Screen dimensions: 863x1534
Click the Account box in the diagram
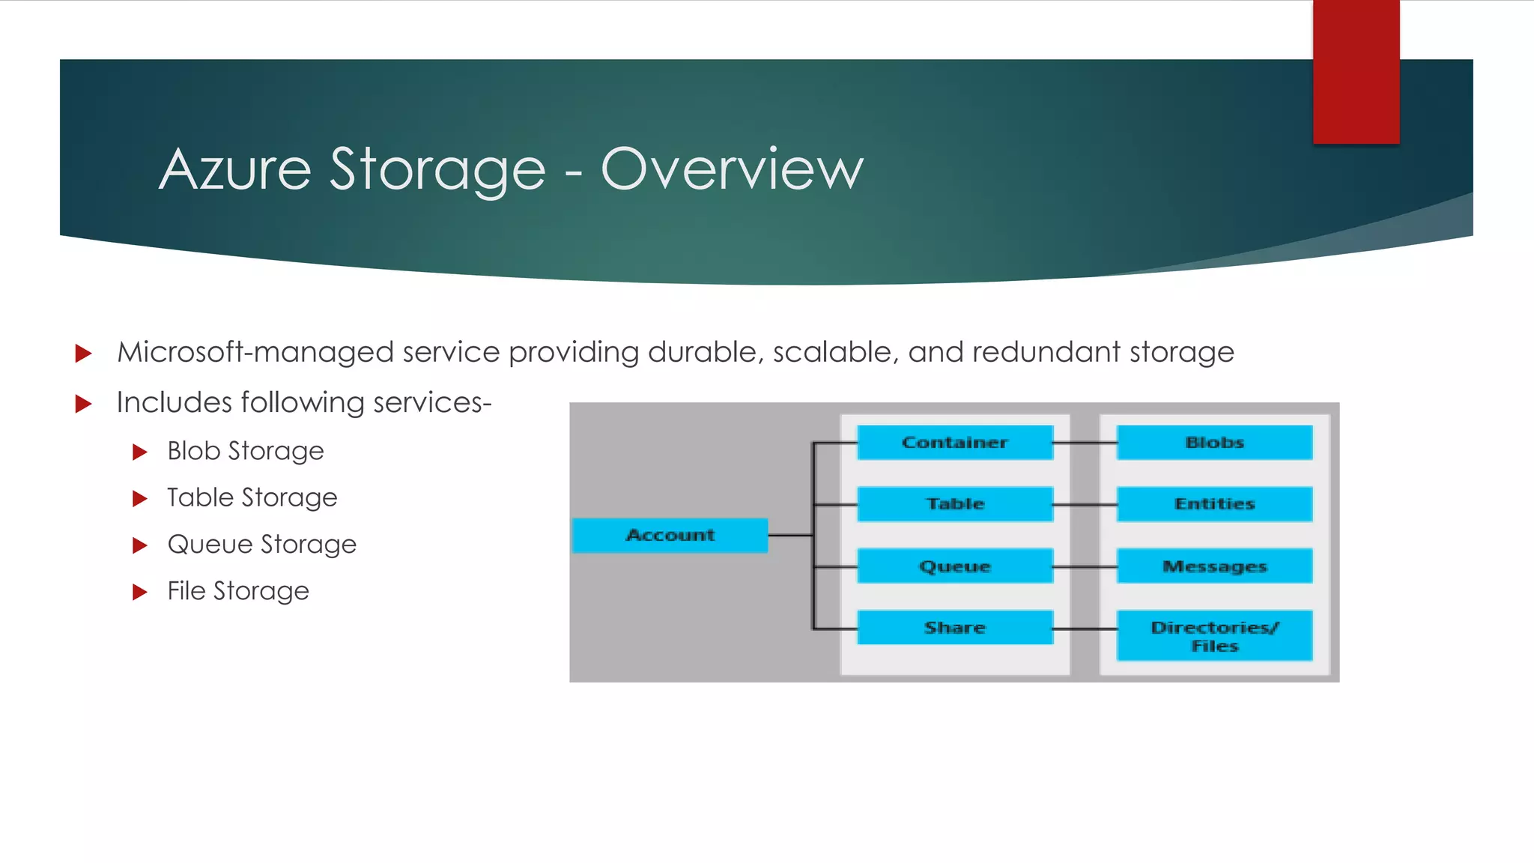pyautogui.click(x=670, y=535)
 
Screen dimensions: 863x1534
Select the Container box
pyautogui.click(x=955, y=442)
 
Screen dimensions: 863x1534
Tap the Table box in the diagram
pyautogui.click(x=955, y=503)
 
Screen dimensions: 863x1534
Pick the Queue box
pyautogui.click(x=955, y=566)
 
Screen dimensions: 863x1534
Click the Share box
pyautogui.click(x=955, y=628)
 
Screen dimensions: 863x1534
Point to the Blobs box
pyautogui.click(x=1214, y=442)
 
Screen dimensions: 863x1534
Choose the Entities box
pyautogui.click(x=1214, y=503)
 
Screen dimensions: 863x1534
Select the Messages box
pyautogui.click(x=1214, y=566)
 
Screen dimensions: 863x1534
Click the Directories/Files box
pyautogui.click(x=1214, y=636)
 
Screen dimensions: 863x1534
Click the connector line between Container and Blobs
pyautogui.click(x=1085, y=443)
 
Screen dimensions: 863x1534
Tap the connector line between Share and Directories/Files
pyautogui.click(x=1085, y=629)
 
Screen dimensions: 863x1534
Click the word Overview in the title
pyautogui.click(x=732, y=169)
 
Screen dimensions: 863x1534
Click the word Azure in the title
pyautogui.click(x=235, y=169)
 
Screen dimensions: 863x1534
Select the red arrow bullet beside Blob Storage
pyautogui.click(x=139, y=452)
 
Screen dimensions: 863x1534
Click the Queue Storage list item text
pyautogui.click(x=261, y=545)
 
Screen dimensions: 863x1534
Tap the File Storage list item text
pyautogui.click(x=237, y=591)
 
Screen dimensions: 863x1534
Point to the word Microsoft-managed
pyautogui.click(x=255, y=352)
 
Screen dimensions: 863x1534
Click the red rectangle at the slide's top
pyautogui.click(x=1356, y=71)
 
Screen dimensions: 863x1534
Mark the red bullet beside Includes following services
pyautogui.click(x=83, y=405)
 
